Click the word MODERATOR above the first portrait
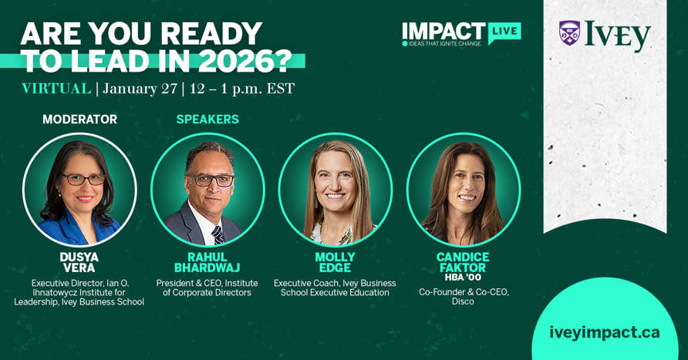tap(79, 119)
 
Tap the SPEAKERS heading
tap(207, 119)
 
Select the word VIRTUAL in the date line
tap(56, 89)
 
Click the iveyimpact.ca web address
tap(604, 332)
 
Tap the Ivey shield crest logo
tap(569, 33)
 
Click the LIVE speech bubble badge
tap(504, 32)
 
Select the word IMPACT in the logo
tap(443, 31)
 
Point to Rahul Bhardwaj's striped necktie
tap(218, 233)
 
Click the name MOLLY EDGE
tap(335, 262)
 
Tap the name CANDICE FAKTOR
tap(463, 262)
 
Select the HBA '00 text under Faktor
tap(463, 278)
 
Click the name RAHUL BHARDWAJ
tap(207, 262)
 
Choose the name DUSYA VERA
tap(79, 262)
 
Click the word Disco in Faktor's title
tap(463, 301)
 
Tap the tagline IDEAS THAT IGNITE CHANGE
tap(443, 43)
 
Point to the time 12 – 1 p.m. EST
tap(243, 89)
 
